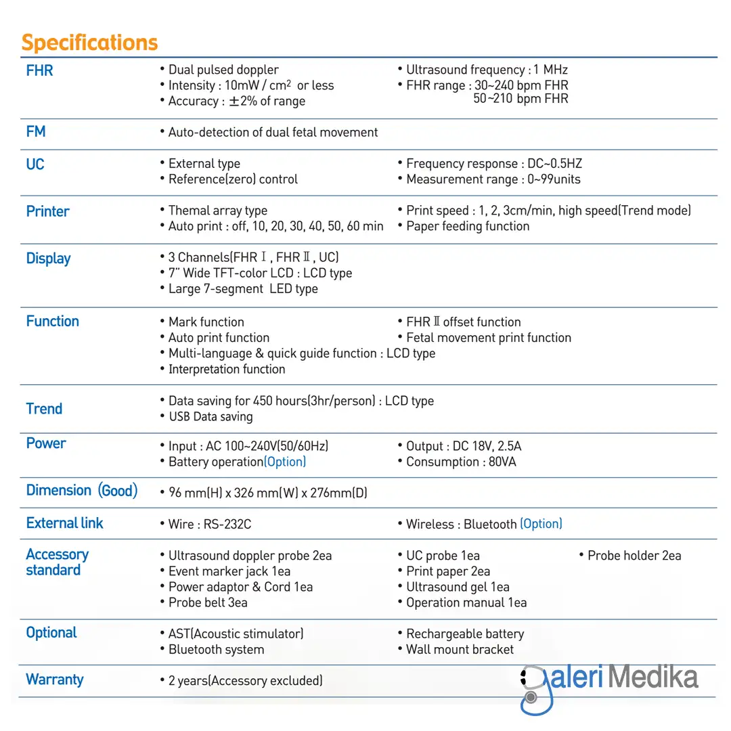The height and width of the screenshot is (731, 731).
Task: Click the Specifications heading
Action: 89,43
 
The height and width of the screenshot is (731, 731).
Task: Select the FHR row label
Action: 39,70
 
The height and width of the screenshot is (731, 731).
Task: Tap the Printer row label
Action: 47,211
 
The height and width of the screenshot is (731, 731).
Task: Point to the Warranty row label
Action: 54,680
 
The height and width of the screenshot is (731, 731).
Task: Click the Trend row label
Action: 44,409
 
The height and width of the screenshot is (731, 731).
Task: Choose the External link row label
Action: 64,523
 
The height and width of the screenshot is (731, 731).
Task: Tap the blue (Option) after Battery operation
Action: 285,462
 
